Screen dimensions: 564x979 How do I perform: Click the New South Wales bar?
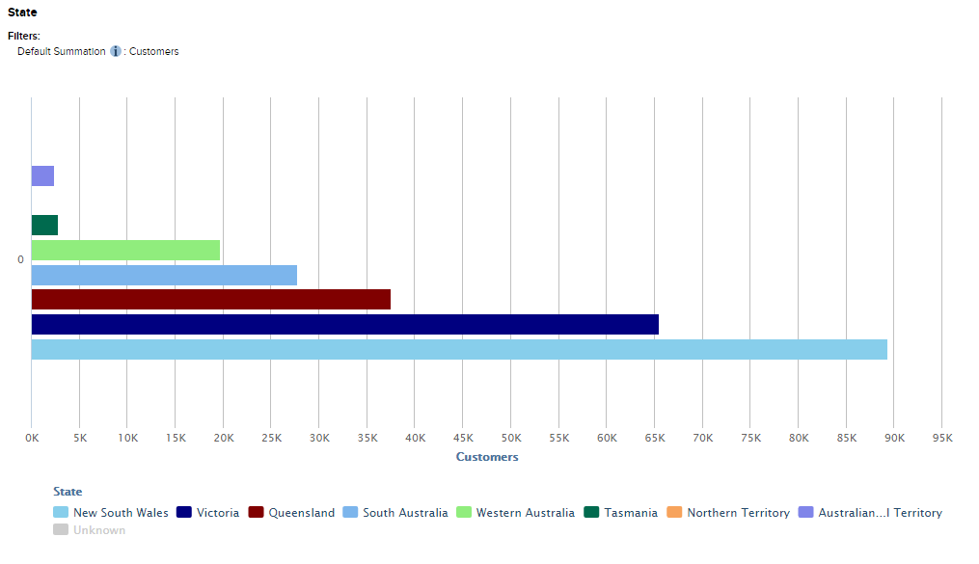click(458, 349)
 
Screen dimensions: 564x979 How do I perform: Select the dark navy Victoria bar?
click(344, 324)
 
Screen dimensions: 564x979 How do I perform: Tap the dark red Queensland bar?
click(210, 299)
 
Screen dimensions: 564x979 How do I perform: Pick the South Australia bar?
click(164, 275)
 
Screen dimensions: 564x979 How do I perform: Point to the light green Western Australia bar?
click(125, 250)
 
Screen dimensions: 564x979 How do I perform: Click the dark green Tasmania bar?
click(44, 225)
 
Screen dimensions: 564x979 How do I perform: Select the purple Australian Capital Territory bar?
click(42, 175)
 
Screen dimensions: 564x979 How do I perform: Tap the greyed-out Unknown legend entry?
click(98, 530)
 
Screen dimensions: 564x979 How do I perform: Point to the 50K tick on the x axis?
click(510, 438)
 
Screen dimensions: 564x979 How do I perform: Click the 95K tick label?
click(941, 438)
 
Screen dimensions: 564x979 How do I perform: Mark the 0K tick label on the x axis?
click(32, 438)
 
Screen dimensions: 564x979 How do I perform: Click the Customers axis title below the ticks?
click(486, 457)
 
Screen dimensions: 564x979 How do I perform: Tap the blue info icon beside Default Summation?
click(116, 51)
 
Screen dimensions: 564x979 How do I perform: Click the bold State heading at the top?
click(22, 13)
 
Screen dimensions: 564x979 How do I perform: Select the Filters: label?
click(24, 36)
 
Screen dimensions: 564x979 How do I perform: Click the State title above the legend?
click(68, 492)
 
